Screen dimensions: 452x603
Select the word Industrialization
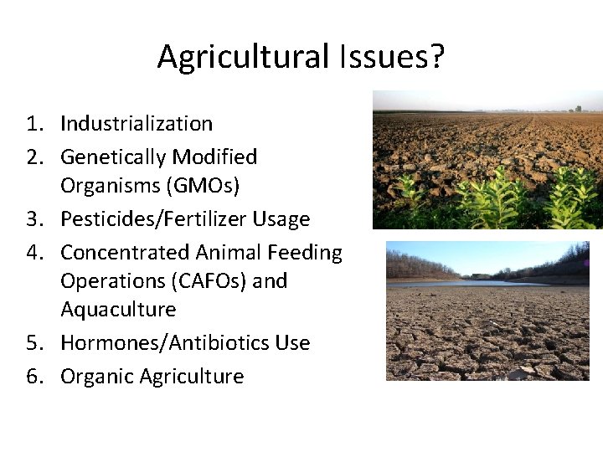pos(137,124)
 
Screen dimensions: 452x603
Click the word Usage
pos(284,219)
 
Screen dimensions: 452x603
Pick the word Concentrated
pos(125,253)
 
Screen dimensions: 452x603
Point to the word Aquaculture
pos(118,310)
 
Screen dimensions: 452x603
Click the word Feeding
pos(306,253)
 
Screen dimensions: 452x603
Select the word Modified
pos(219,157)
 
